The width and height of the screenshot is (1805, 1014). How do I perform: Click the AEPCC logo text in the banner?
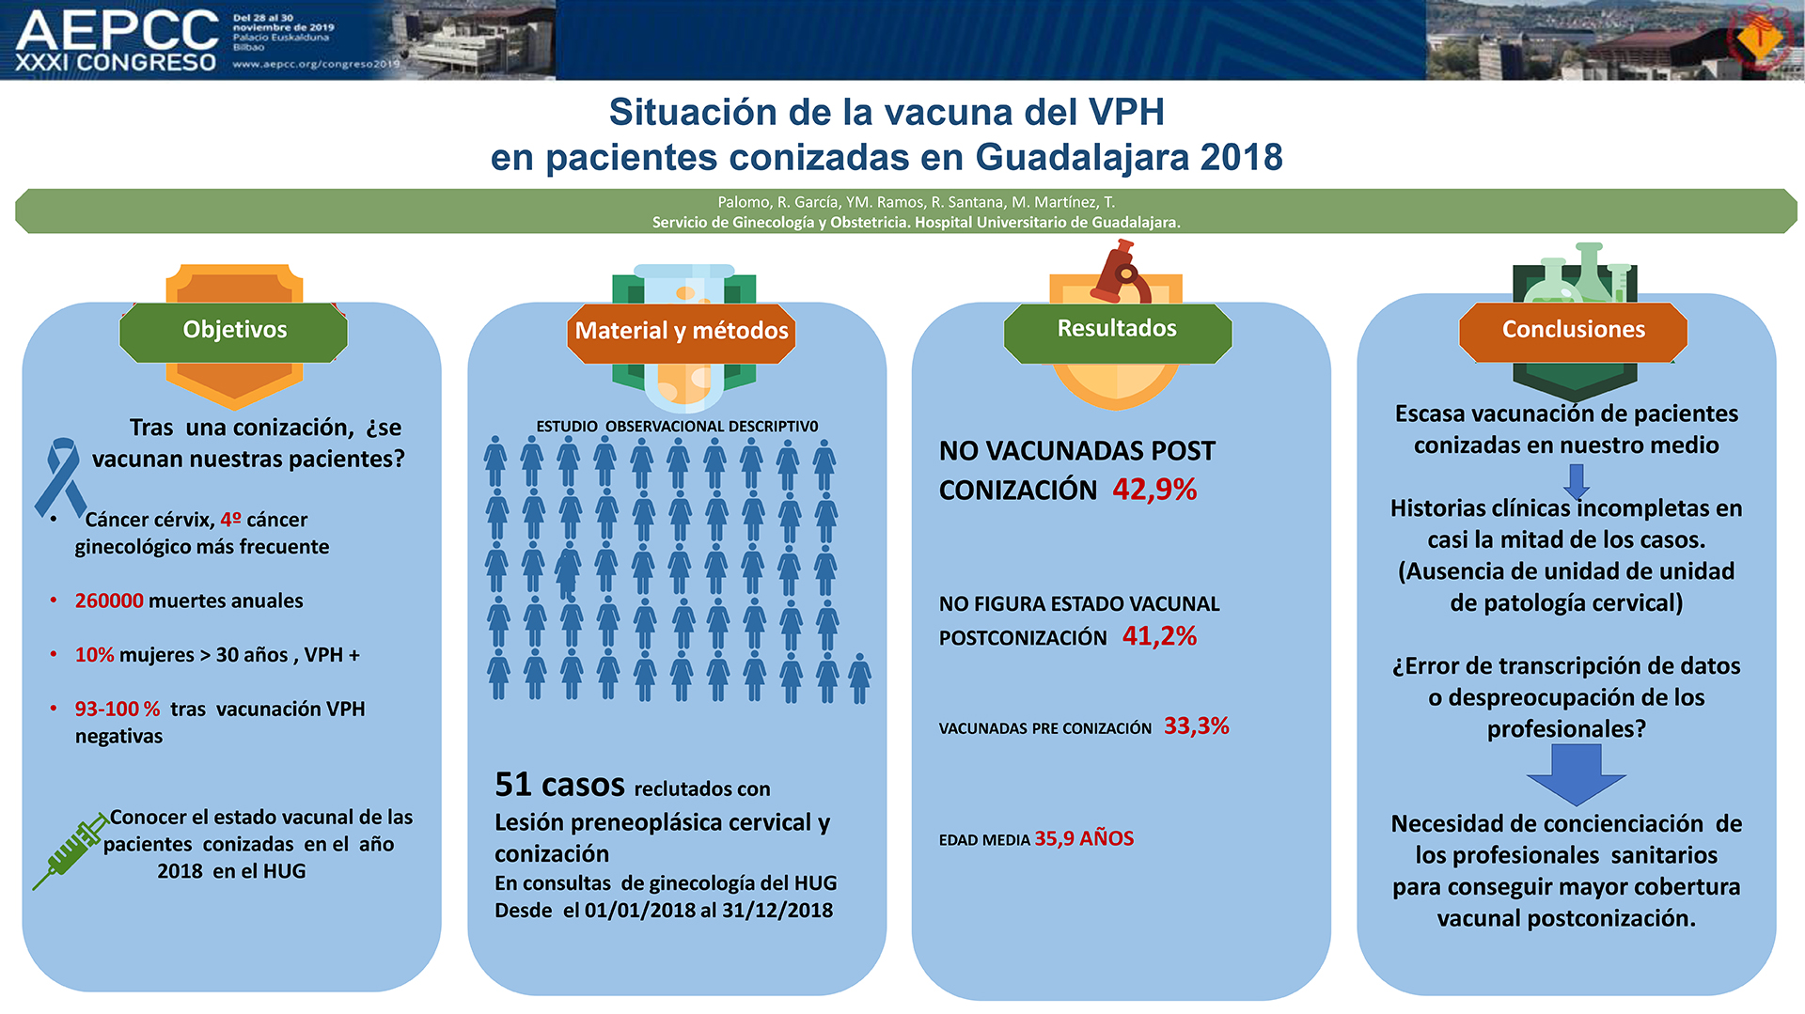(118, 30)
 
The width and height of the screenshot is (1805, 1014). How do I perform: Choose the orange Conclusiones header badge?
(1573, 331)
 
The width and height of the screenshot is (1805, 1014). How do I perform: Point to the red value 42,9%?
(1154, 490)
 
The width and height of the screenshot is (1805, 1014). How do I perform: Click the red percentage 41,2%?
(1159, 636)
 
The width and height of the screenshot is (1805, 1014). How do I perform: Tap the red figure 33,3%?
(1197, 726)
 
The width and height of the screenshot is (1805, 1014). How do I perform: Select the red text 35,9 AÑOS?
(1084, 838)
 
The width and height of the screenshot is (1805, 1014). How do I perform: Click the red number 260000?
(109, 601)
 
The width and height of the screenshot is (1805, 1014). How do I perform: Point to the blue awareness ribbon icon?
(60, 477)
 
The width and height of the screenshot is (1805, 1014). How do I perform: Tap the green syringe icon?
(71, 850)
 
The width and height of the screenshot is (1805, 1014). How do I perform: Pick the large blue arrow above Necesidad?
(1576, 774)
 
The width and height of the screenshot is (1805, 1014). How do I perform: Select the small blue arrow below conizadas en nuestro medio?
(1577, 481)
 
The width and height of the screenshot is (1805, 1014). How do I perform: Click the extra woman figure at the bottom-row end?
(859, 679)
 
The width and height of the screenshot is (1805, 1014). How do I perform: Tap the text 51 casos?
(559, 785)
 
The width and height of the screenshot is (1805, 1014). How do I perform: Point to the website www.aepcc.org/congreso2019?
(316, 64)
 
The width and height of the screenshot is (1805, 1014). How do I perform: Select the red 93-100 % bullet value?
(118, 709)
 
